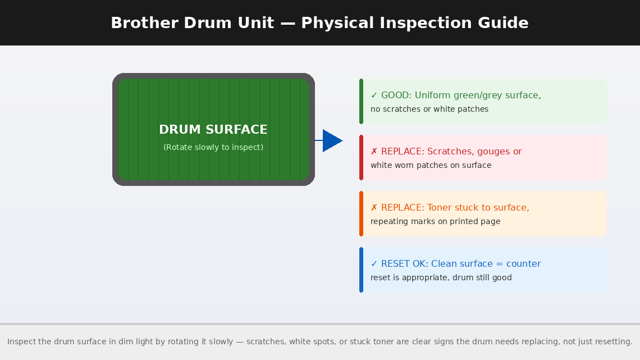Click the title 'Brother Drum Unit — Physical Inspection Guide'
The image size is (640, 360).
point(319,23)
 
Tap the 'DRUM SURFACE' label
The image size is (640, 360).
point(213,130)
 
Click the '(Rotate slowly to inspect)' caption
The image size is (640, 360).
point(213,147)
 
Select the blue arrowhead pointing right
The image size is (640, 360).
point(332,140)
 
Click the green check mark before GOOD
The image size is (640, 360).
point(374,95)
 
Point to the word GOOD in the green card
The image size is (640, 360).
point(396,95)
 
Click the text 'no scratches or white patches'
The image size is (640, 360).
point(429,109)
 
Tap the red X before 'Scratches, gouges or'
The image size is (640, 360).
point(374,152)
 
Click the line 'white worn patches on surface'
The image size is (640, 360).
point(431,165)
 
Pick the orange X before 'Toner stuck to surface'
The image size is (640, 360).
point(374,208)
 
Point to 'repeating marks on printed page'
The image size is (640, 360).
point(435,221)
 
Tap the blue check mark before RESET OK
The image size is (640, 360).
point(374,264)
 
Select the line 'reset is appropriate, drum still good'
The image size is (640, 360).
point(441,277)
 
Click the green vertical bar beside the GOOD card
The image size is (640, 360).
point(361,101)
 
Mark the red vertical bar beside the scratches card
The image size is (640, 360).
point(361,157)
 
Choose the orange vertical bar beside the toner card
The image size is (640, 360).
point(361,213)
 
